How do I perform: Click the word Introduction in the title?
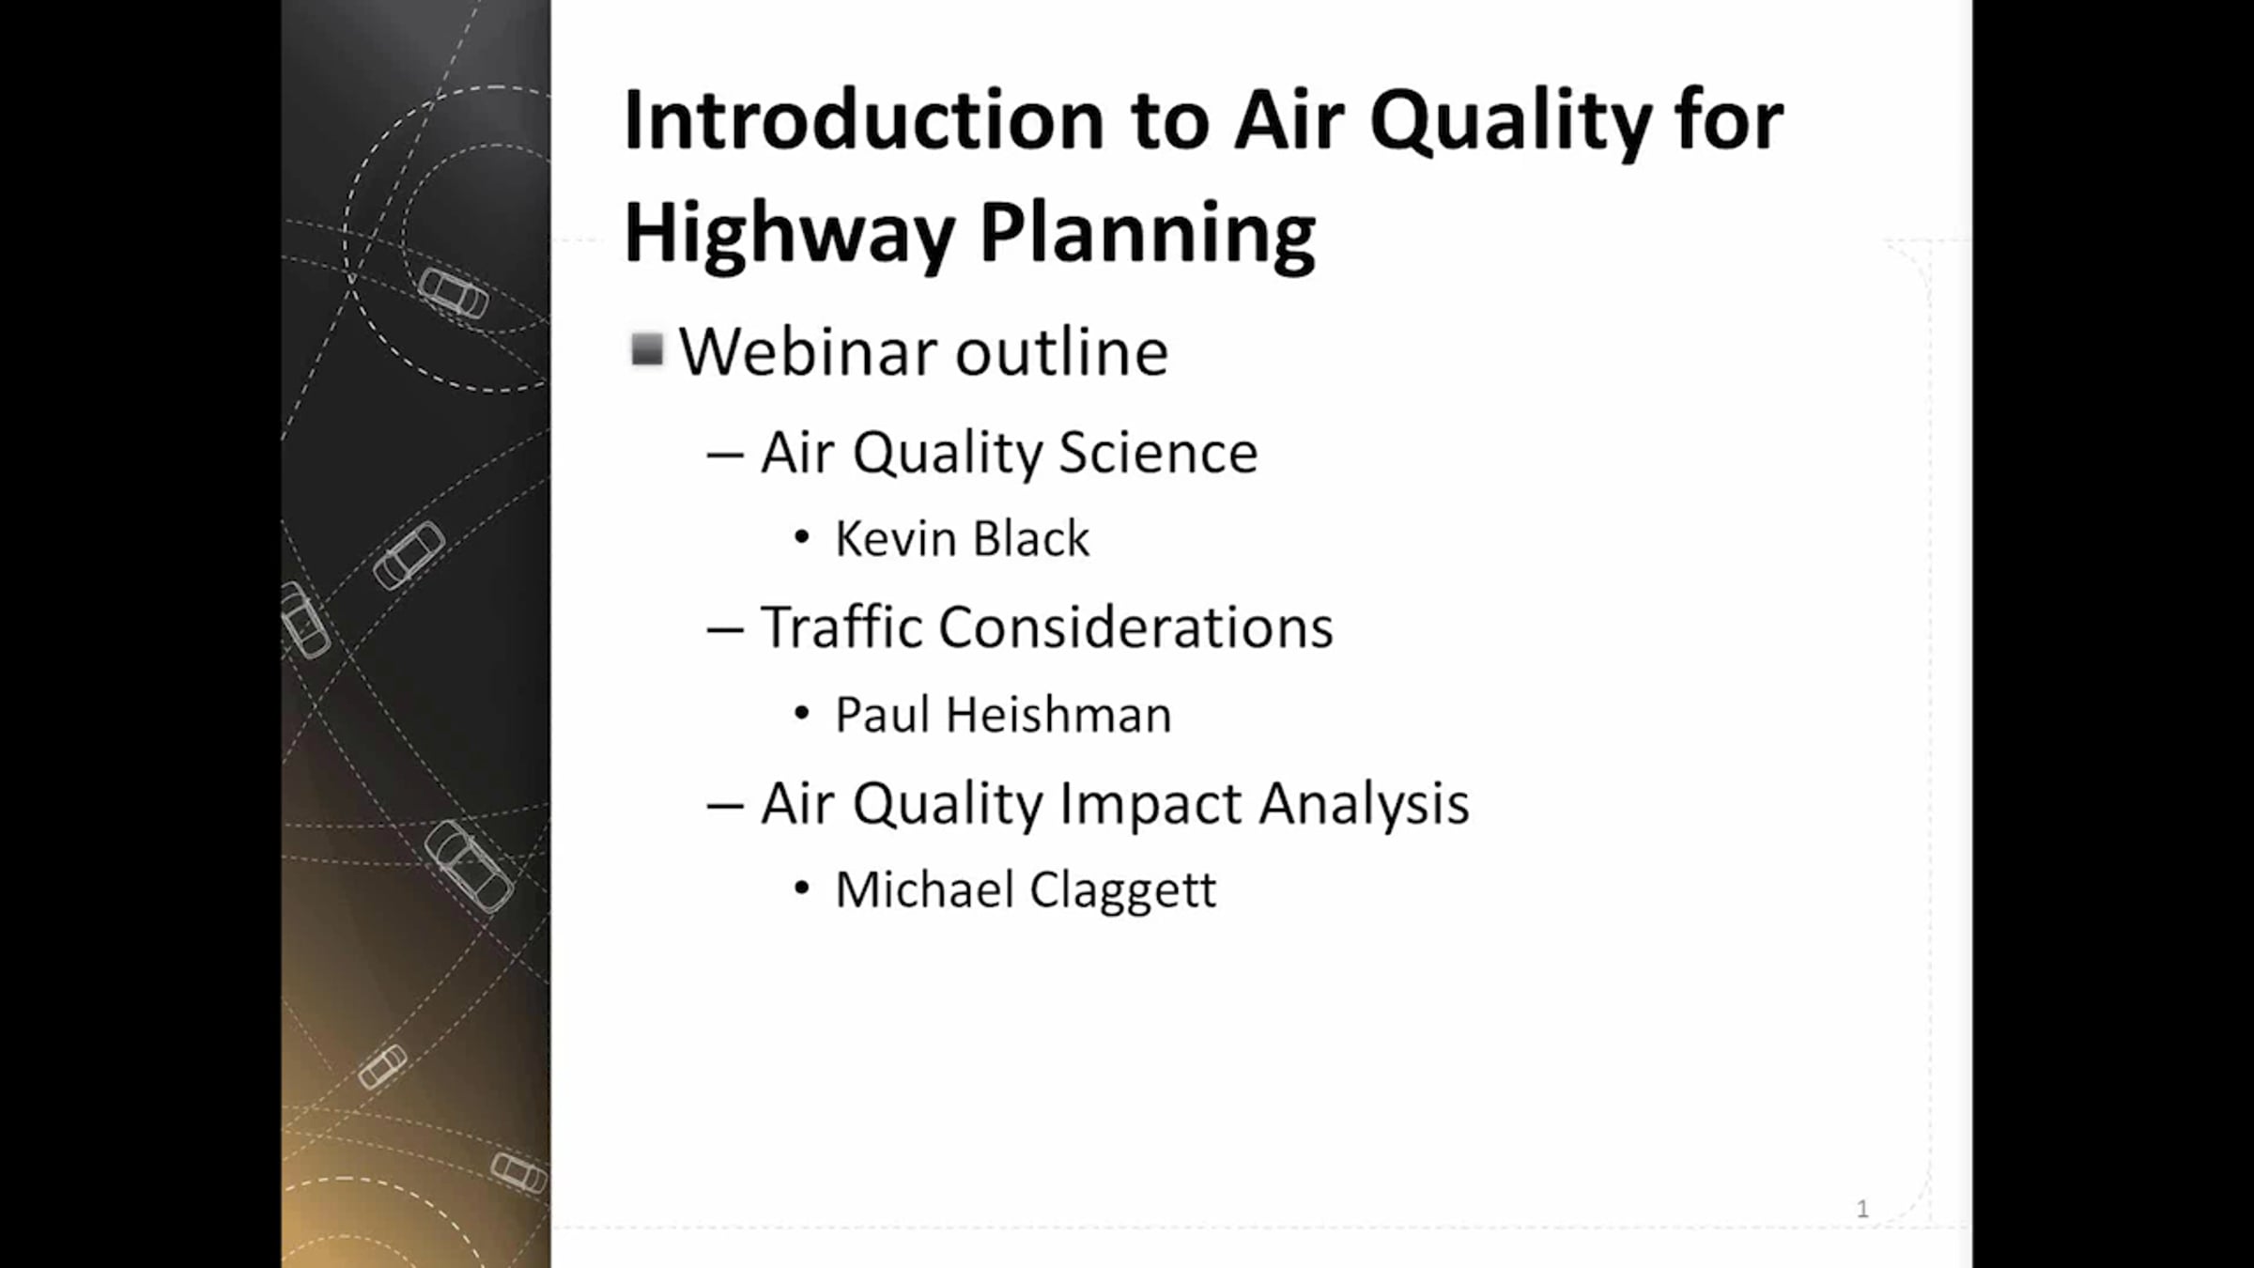[x=864, y=120]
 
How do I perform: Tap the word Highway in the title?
[x=789, y=235]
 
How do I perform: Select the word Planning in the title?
[x=1148, y=235]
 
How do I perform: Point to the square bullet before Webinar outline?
[x=647, y=350]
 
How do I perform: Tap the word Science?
[x=1158, y=453]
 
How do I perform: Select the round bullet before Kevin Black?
[x=801, y=538]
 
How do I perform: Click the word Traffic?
[x=841, y=626]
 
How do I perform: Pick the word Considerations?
[x=1135, y=627]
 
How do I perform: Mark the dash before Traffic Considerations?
[x=725, y=630]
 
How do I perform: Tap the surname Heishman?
[x=1058, y=715]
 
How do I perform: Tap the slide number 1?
[x=1862, y=1209]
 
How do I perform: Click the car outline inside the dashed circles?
[x=454, y=292]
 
